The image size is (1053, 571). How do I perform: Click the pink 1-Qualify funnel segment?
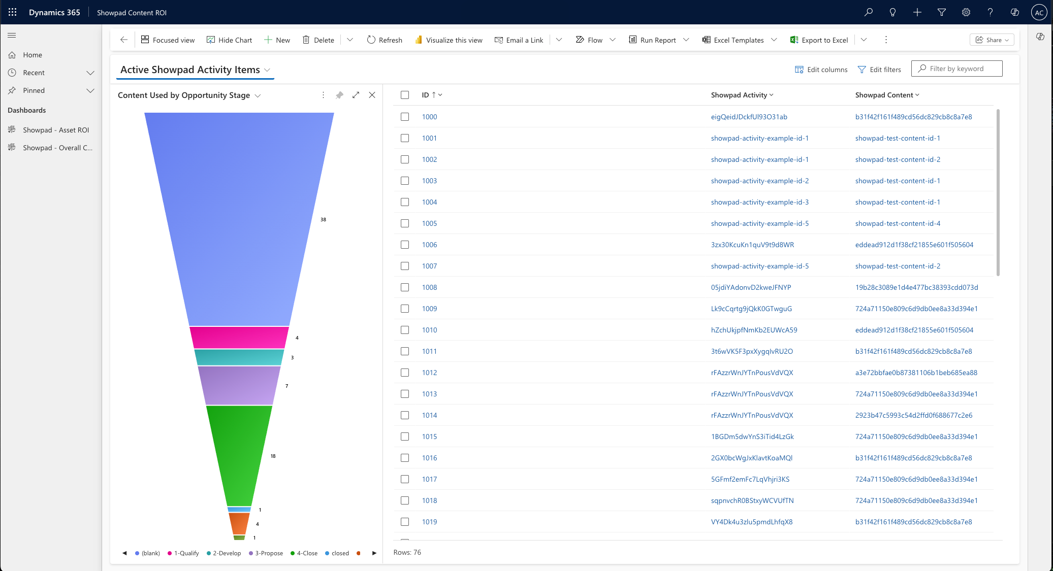pos(239,337)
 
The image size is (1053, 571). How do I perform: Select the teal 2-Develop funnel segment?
pos(239,357)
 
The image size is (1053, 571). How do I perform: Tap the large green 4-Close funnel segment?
pos(239,454)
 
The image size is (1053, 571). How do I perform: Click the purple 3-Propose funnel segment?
pos(239,385)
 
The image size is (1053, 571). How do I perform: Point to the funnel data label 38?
pos(323,220)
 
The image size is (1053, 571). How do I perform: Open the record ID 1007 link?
pos(429,266)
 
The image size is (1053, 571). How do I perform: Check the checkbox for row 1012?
pos(405,373)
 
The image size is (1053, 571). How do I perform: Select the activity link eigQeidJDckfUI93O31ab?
pos(749,117)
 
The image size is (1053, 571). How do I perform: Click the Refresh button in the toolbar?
pos(385,40)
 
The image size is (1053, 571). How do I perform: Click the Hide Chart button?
pos(229,40)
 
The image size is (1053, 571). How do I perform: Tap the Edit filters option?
pos(879,70)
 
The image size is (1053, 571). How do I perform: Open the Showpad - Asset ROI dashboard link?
pos(56,130)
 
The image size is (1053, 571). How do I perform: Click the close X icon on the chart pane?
pos(372,95)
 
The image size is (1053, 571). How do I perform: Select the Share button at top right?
pos(992,40)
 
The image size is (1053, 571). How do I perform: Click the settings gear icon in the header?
pos(966,12)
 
